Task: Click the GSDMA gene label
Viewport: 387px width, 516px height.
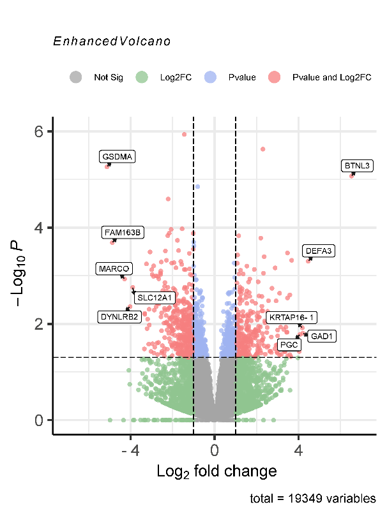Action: coord(118,156)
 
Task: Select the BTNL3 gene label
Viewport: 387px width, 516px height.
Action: coord(357,166)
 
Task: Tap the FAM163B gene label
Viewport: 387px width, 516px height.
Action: coord(122,232)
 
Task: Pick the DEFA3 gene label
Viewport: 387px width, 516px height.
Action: coord(318,251)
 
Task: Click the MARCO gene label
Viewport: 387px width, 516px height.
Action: coord(114,269)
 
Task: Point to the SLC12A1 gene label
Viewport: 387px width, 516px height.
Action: coord(154,297)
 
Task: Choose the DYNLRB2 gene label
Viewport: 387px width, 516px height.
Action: coord(119,316)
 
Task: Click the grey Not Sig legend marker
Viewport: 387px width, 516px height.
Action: coord(76,77)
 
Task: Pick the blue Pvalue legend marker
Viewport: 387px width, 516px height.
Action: coord(210,77)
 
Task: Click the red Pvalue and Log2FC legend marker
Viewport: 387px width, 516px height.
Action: coord(275,77)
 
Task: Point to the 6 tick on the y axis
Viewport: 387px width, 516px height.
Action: coord(39,131)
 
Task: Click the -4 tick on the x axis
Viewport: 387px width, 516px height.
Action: coord(130,451)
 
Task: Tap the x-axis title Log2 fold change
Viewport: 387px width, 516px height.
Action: coord(216,472)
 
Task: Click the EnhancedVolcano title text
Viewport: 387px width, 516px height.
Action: coord(112,41)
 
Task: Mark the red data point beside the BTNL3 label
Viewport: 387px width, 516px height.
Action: coord(351,175)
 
